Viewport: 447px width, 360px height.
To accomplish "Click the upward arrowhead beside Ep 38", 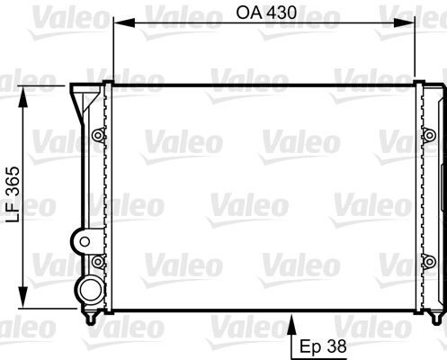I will click(x=294, y=319).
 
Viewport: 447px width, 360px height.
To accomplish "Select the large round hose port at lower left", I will click(x=88, y=288).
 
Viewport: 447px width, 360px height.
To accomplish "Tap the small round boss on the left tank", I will click(x=83, y=240).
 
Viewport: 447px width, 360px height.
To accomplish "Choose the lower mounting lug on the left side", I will click(x=97, y=262).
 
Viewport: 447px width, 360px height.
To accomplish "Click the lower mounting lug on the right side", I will click(x=426, y=262).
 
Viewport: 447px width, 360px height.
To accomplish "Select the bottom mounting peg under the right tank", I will click(x=436, y=317).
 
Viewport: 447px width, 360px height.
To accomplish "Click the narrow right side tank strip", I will click(x=438, y=198).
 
